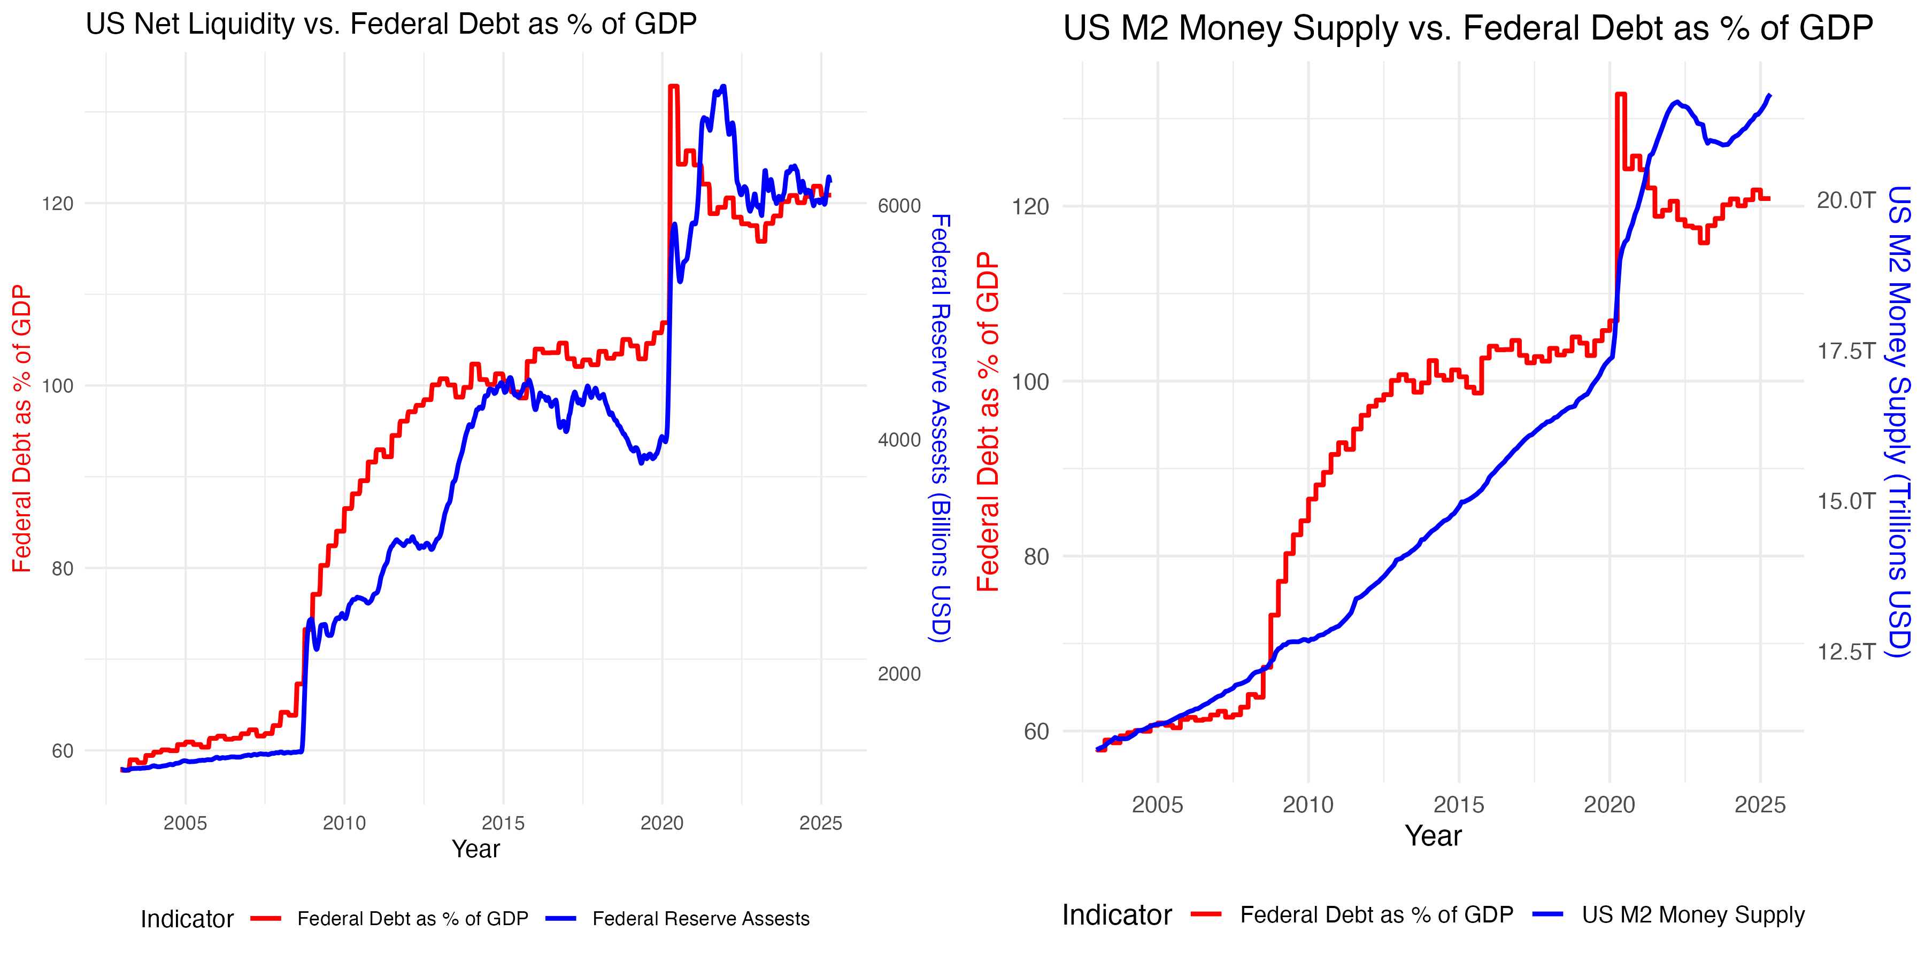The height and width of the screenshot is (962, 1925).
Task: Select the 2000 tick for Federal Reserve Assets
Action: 899,674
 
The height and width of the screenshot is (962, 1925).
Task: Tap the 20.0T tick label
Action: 1846,201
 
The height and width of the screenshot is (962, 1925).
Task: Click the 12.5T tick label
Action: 1846,652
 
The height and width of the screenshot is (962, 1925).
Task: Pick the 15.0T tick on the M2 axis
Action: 1846,501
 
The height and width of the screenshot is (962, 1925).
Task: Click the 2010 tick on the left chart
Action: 344,823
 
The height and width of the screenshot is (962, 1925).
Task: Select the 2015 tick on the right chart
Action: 1458,805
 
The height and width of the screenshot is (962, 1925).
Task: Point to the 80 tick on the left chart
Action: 63,569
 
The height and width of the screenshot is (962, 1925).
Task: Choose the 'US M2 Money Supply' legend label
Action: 1692,915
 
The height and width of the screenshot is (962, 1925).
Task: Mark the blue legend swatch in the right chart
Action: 1547,914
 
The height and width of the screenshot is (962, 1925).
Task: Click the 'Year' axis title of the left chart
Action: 475,849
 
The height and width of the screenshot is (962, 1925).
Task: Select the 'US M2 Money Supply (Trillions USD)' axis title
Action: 1899,422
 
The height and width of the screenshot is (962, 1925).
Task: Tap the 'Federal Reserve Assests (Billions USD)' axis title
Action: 940,428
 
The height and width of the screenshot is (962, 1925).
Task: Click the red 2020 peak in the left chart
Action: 673,88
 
